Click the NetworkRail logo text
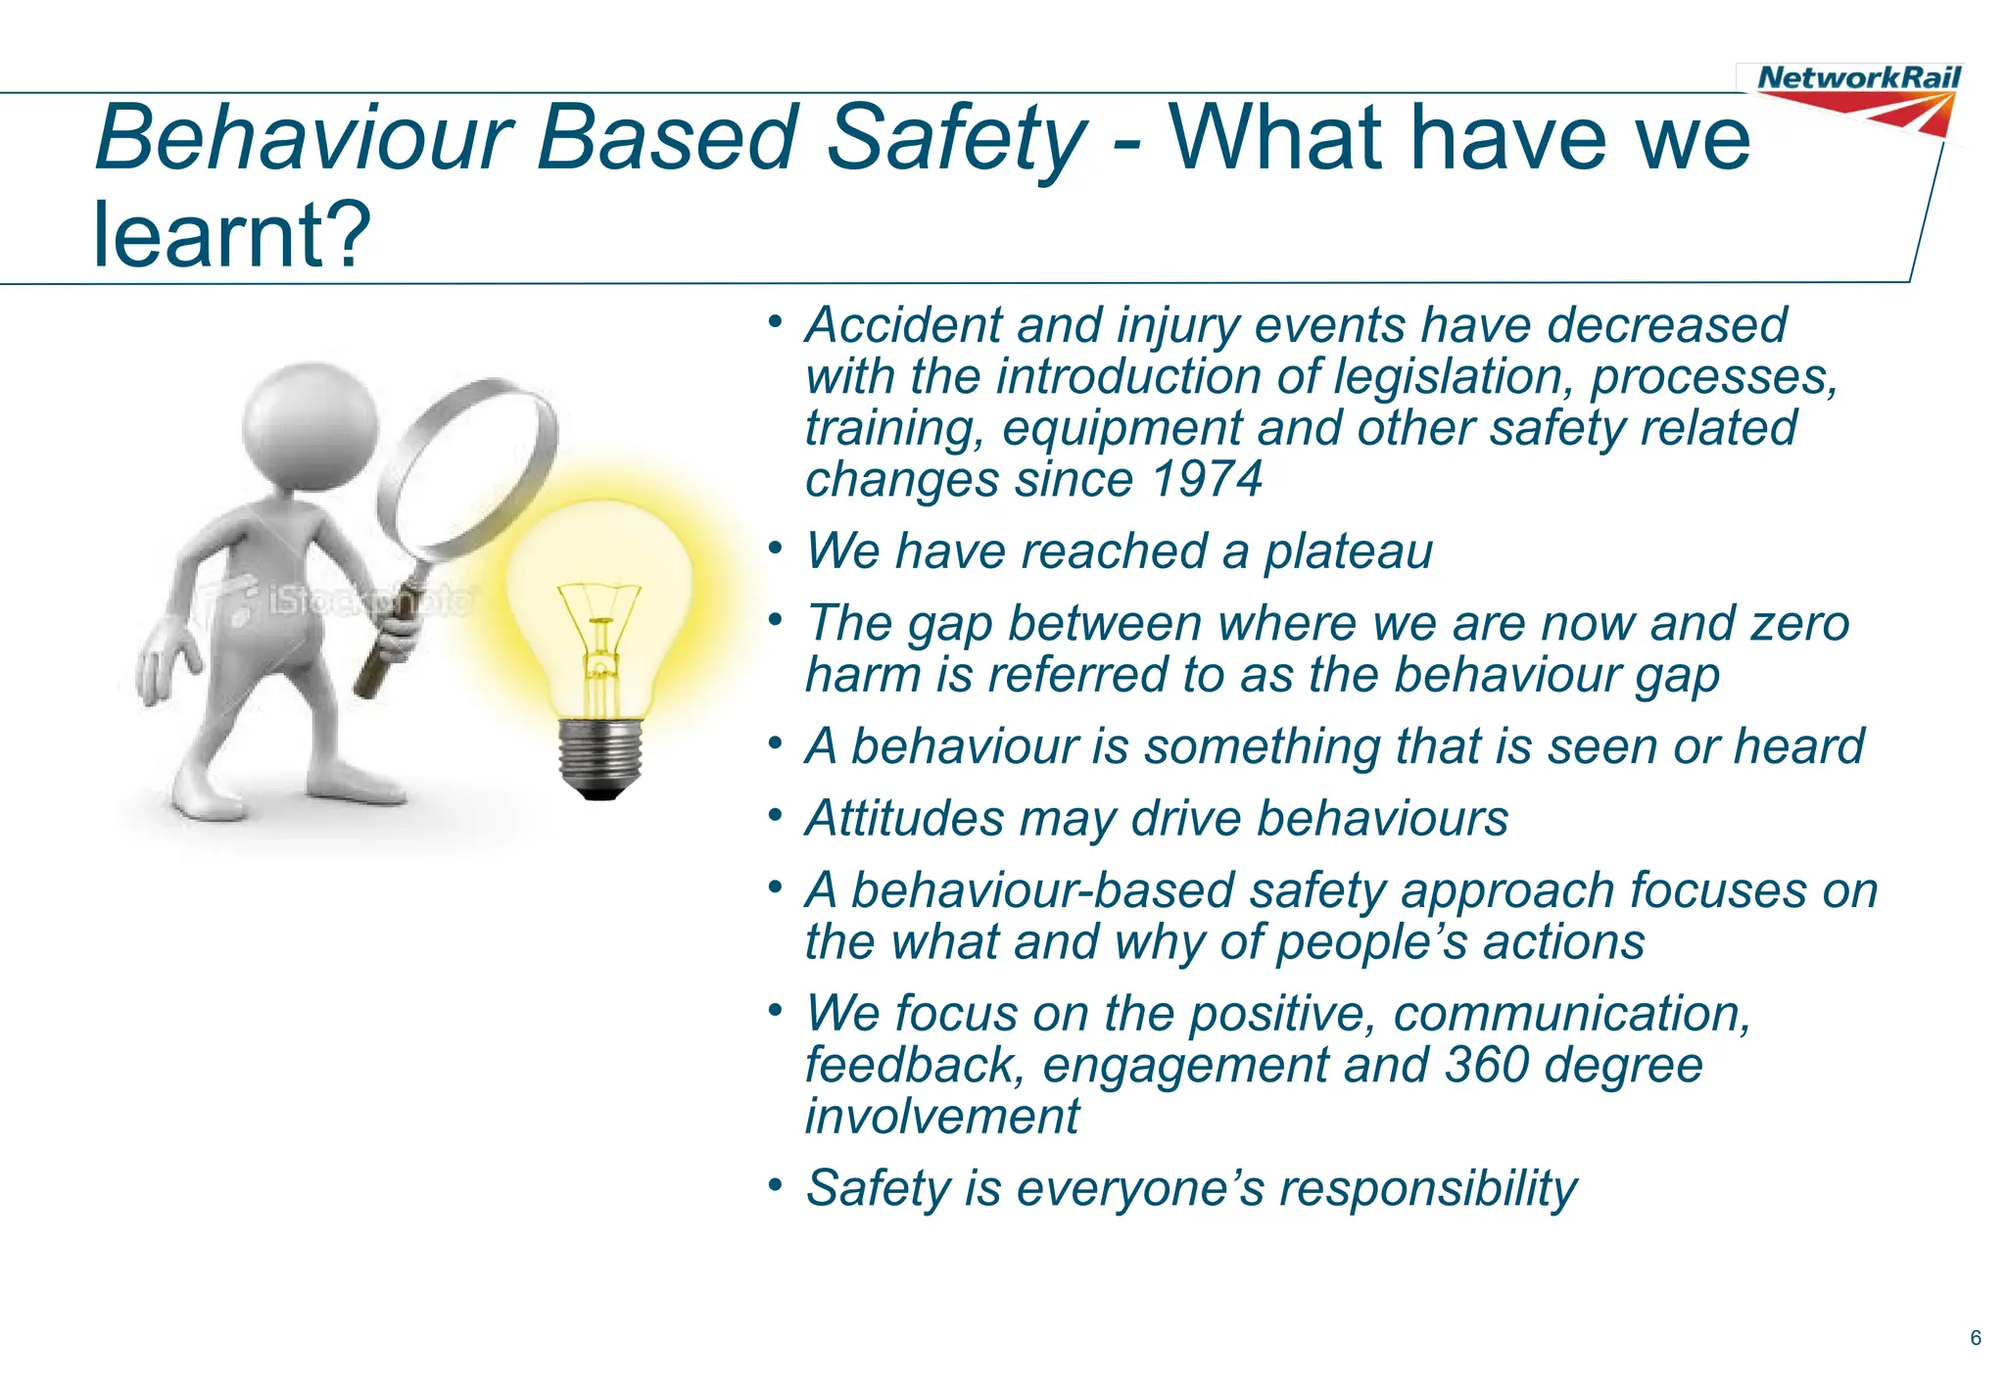pyautogui.click(x=1858, y=77)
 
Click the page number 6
pyautogui.click(x=1976, y=1338)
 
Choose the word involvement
pyautogui.click(x=941, y=1117)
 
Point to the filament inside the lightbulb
pyautogui.click(x=599, y=627)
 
